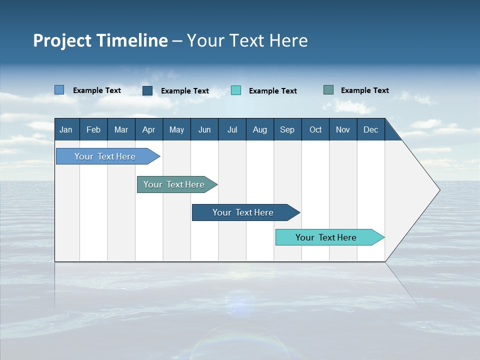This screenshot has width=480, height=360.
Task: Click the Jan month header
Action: (66, 130)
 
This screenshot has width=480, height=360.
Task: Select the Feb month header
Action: (93, 130)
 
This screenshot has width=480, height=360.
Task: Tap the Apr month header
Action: (149, 130)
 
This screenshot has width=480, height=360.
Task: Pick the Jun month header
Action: (204, 130)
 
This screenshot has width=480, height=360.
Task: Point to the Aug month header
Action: (260, 130)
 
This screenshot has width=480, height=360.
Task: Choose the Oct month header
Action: (315, 130)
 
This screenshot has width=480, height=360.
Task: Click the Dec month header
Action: (370, 130)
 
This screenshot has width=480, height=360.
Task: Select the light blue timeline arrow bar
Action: (108, 156)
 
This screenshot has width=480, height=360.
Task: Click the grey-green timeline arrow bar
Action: (177, 184)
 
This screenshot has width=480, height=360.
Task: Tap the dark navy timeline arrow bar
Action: (246, 212)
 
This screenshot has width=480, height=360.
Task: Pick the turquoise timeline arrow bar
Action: (330, 237)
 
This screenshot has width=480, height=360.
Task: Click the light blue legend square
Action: (59, 90)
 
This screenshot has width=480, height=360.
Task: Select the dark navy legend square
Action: (147, 90)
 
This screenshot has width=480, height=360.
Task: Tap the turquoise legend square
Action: (236, 90)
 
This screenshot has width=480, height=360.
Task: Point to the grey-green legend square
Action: (328, 90)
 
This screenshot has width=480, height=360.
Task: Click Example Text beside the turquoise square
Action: (273, 91)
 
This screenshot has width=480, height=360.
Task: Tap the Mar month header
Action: (121, 130)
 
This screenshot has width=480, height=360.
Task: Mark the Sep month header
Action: (287, 130)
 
